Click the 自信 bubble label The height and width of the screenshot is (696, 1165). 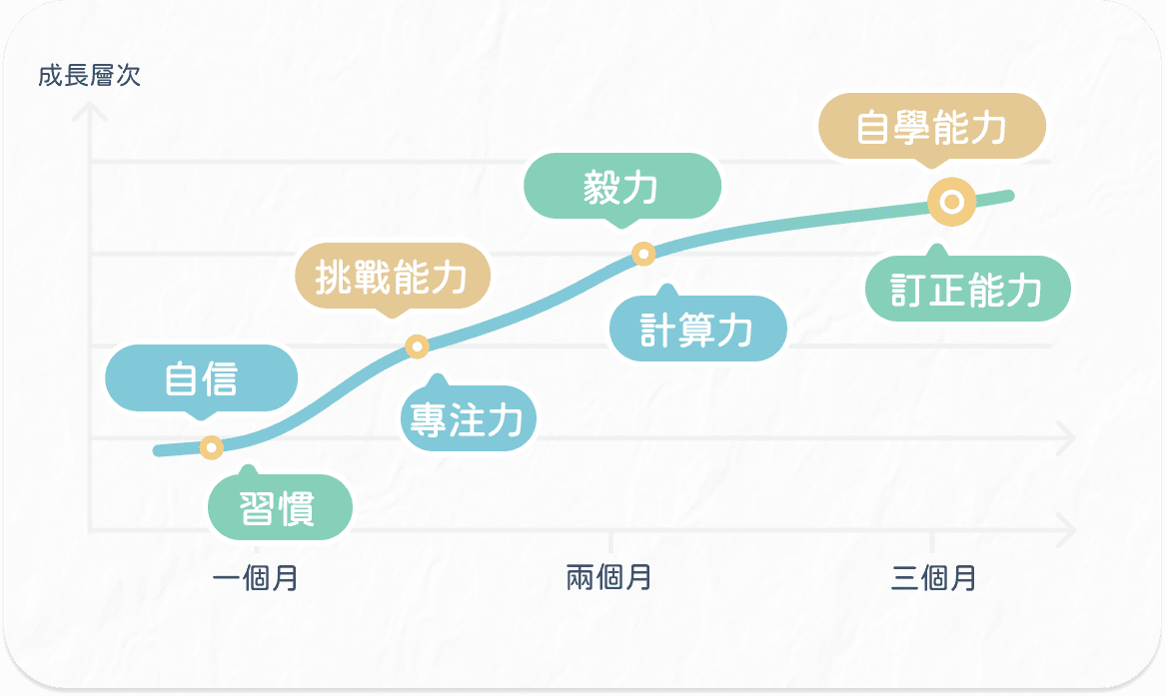click(x=201, y=379)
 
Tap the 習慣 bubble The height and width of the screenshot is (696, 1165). click(x=279, y=507)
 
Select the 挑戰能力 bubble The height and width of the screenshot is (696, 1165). click(x=391, y=279)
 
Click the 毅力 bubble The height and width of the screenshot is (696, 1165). click(x=621, y=187)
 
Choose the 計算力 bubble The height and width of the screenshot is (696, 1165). click(x=697, y=330)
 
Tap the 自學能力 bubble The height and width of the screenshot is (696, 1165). click(x=931, y=128)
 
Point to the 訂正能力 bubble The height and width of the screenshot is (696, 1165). click(x=967, y=291)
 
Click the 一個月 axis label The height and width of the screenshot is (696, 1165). click(x=256, y=578)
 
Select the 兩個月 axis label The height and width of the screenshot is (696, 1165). click(x=608, y=577)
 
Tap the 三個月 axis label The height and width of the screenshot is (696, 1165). click(x=933, y=577)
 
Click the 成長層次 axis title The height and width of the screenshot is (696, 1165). click(x=90, y=76)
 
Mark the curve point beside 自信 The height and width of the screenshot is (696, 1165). click(x=211, y=446)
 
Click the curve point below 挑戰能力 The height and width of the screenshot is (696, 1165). click(x=418, y=347)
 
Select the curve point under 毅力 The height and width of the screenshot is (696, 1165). click(x=643, y=254)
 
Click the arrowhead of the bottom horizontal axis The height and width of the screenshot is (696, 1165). click(x=1067, y=528)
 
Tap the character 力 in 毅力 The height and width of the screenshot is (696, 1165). click(x=641, y=187)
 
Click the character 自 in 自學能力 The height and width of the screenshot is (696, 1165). click(x=873, y=128)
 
